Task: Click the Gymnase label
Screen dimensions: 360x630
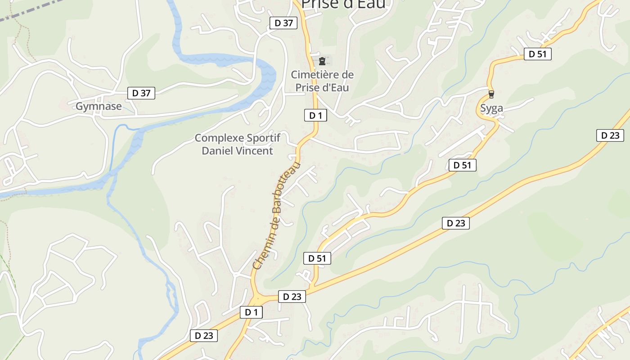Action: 99,107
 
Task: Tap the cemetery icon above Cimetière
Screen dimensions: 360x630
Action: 322,61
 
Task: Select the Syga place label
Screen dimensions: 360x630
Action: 491,108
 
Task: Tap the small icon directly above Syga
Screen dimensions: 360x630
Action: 491,94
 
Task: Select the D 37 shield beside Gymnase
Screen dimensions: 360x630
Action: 141,93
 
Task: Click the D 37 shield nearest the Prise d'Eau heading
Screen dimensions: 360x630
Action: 283,23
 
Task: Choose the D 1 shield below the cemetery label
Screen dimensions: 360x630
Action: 315,115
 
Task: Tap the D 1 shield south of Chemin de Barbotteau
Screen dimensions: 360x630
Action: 251,312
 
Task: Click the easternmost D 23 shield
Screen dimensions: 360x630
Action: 610,135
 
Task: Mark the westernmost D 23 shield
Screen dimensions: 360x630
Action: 204,335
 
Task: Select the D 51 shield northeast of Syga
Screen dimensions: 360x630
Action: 537,54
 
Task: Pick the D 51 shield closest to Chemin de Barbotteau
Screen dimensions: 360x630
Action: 317,258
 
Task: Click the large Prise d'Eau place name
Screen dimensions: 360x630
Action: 343,4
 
